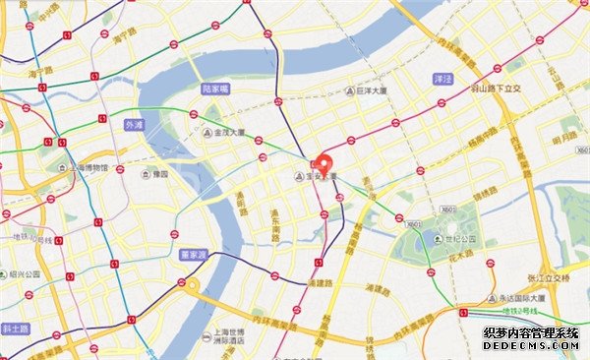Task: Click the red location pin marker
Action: [324, 165]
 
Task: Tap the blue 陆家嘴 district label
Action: [214, 89]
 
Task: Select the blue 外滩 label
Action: [134, 125]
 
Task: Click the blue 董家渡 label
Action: [193, 253]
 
